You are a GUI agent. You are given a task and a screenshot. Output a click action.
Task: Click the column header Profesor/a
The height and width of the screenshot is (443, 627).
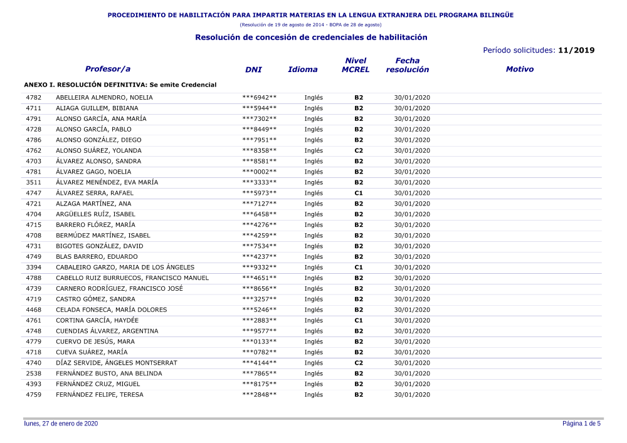(107, 69)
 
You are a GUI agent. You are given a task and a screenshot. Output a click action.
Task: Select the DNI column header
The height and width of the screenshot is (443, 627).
(253, 70)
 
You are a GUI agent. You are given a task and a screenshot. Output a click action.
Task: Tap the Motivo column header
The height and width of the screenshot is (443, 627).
(519, 70)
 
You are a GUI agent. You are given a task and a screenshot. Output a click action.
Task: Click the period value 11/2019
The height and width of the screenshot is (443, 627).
(576, 50)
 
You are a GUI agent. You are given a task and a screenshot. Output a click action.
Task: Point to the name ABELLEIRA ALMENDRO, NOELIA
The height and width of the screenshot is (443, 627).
(104, 98)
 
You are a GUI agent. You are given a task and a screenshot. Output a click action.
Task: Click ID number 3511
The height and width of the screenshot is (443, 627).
(34, 182)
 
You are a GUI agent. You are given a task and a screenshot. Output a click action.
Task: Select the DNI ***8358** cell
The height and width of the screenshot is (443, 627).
(259, 150)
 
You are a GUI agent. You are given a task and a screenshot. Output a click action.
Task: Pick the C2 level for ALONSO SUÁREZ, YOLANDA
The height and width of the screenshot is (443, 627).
(359, 150)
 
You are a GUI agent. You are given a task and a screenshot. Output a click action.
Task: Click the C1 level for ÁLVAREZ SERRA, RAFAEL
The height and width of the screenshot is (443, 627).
(359, 193)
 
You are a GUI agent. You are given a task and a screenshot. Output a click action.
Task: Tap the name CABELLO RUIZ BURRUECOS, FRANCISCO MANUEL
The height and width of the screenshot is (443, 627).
(132, 278)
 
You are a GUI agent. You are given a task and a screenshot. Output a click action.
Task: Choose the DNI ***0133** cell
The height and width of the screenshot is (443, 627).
(259, 341)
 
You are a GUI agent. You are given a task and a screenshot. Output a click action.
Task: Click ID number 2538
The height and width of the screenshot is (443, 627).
(34, 373)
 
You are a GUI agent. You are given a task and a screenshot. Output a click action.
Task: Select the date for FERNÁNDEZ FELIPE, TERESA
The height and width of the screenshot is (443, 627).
(412, 395)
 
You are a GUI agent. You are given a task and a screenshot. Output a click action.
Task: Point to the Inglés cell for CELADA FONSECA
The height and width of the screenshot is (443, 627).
(313, 310)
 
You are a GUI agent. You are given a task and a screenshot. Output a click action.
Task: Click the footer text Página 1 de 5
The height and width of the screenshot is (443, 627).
(581, 424)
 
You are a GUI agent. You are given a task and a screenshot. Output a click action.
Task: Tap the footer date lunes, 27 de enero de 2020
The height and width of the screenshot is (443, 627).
(61, 424)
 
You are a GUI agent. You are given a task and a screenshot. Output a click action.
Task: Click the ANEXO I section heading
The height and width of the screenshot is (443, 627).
(120, 85)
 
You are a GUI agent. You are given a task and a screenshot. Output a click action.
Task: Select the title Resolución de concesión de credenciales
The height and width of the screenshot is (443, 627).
(311, 38)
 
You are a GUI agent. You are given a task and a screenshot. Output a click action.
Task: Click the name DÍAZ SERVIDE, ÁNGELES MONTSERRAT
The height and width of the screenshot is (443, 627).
(117, 363)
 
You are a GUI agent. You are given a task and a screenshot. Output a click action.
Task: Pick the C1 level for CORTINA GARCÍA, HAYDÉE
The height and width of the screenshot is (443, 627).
(359, 320)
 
